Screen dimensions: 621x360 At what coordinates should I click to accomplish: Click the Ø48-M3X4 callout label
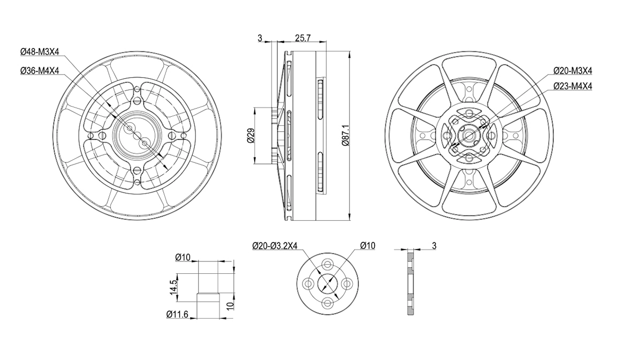(40, 51)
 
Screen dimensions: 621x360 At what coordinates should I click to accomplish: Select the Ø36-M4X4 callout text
(40, 71)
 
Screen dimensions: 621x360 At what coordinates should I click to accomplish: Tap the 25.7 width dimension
(303, 37)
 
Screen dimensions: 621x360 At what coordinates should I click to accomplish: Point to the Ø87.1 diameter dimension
(345, 135)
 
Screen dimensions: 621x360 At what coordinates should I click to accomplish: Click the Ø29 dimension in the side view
(250, 135)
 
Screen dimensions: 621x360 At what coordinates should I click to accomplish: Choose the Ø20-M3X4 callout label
(573, 71)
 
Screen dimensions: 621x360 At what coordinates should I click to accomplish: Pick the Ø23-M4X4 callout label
(573, 86)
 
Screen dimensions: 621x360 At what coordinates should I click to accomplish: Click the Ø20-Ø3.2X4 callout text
(275, 246)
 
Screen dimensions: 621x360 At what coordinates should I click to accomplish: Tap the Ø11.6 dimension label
(177, 314)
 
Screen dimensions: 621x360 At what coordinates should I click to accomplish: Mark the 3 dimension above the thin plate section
(434, 246)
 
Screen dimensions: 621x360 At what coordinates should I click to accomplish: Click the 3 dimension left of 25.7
(260, 37)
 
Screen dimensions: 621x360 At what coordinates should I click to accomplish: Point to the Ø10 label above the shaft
(183, 257)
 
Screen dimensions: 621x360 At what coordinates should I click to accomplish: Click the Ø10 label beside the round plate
(368, 246)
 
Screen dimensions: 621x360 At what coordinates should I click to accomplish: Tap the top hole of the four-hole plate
(328, 264)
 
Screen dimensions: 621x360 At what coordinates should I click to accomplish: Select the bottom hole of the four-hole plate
(328, 303)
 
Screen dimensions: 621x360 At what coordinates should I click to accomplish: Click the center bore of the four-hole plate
(328, 283)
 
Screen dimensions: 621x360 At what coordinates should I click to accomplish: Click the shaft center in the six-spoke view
(468, 135)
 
